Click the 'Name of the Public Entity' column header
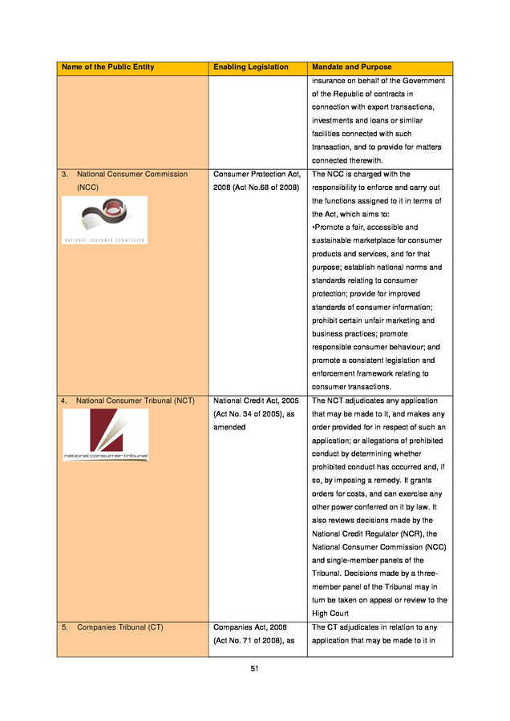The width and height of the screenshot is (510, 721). pyautogui.click(x=108, y=67)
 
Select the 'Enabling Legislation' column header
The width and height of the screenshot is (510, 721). pyautogui.click(x=251, y=67)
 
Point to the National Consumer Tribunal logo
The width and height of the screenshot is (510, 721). pyautogui.click(x=106, y=435)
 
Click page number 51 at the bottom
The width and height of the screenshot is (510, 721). pyautogui.click(x=254, y=669)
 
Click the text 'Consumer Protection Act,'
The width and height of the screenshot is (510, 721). pyautogui.click(x=257, y=174)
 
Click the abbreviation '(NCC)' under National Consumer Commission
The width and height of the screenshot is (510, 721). pyautogui.click(x=87, y=187)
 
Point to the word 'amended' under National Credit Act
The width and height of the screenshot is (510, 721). pyautogui.click(x=229, y=427)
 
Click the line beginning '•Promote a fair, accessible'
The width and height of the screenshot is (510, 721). pyautogui.click(x=365, y=228)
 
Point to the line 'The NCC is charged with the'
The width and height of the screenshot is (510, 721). pyautogui.click(x=361, y=174)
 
